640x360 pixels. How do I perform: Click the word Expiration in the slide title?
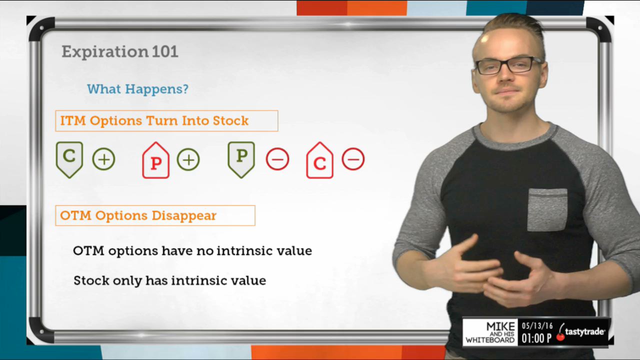click(x=105, y=52)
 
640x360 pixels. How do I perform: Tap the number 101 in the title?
click(x=165, y=51)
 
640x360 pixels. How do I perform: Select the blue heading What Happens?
click(x=137, y=89)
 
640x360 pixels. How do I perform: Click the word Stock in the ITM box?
click(x=230, y=120)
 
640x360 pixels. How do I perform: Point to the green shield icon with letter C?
click(x=69, y=159)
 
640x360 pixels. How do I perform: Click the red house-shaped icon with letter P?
click(x=155, y=160)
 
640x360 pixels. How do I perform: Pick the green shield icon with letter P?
click(x=241, y=159)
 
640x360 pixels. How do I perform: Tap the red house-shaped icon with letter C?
click(x=319, y=160)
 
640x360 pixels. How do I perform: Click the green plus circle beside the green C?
click(x=103, y=159)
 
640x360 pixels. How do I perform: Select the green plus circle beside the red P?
click(x=188, y=159)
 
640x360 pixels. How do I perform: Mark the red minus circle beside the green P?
click(x=277, y=159)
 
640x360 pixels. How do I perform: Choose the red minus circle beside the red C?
click(x=353, y=159)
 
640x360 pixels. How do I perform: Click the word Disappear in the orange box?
click(x=184, y=216)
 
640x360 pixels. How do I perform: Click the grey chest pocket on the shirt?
click(x=547, y=209)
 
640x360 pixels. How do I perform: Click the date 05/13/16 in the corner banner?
click(x=537, y=326)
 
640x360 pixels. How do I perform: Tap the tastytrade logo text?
click(x=584, y=332)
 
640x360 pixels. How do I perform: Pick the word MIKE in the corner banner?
click(x=500, y=326)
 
